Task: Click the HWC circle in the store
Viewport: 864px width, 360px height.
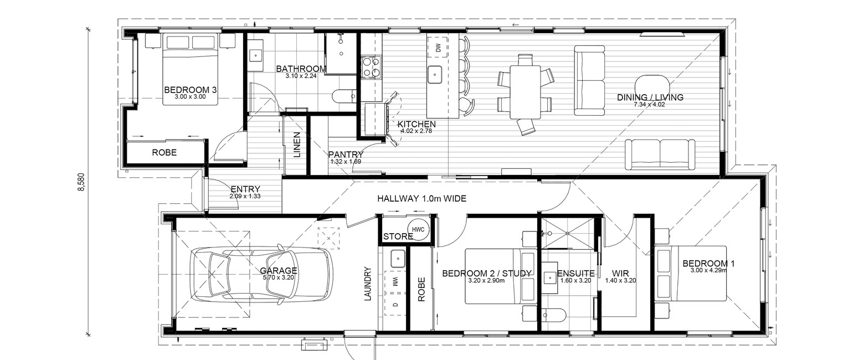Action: click(x=418, y=230)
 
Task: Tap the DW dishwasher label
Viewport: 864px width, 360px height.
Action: click(x=438, y=48)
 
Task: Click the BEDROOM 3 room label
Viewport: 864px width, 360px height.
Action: click(x=190, y=90)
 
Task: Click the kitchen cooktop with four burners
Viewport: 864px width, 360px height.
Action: click(x=371, y=67)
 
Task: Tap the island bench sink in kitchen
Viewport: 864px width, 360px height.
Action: click(x=435, y=74)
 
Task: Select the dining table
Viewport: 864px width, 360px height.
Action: click(x=525, y=92)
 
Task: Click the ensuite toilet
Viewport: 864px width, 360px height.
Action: click(x=553, y=316)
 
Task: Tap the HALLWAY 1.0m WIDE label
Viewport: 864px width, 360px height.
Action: click(x=421, y=199)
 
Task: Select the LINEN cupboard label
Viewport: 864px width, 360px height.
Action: click(x=297, y=145)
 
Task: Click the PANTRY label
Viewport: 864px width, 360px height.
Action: click(x=346, y=155)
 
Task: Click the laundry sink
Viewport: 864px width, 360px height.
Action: click(x=398, y=259)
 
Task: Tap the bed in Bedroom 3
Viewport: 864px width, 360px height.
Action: click(x=191, y=69)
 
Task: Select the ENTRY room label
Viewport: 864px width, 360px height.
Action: click(x=245, y=189)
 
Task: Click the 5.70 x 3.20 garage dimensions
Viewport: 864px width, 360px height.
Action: click(x=279, y=277)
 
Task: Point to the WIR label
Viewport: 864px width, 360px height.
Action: click(x=621, y=274)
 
